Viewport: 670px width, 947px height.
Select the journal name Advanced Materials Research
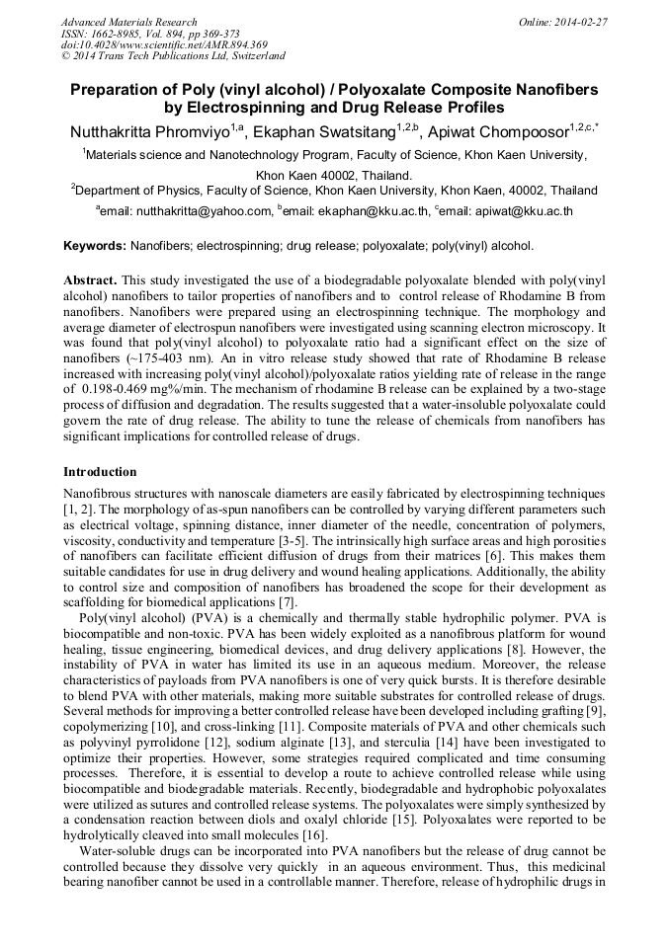click(x=128, y=22)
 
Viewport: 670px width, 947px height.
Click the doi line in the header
click(x=163, y=44)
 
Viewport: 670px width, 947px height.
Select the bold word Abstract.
click(x=90, y=279)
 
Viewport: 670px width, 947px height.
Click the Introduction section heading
click(x=100, y=472)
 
